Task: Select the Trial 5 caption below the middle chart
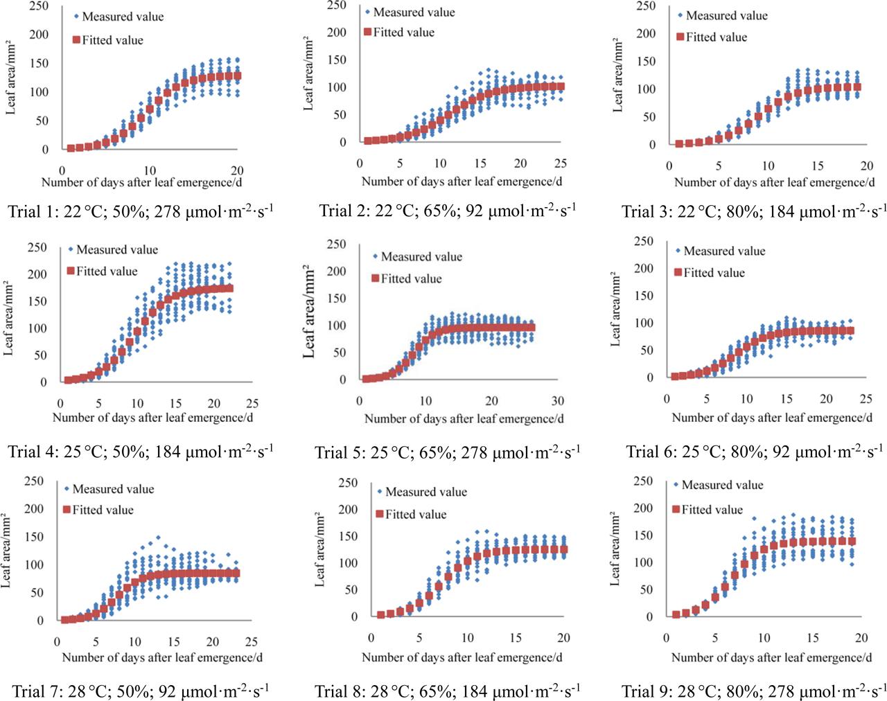(448, 452)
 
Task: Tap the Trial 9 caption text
(754, 691)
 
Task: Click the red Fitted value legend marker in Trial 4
(70, 272)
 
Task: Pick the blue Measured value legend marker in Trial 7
(67, 489)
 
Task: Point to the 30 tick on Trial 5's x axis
(558, 401)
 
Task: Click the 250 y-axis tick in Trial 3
(645, 6)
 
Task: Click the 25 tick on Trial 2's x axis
(561, 163)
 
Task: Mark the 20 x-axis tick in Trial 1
(236, 170)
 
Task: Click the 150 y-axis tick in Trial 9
(644, 535)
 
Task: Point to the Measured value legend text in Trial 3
(726, 15)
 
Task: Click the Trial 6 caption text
(754, 452)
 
